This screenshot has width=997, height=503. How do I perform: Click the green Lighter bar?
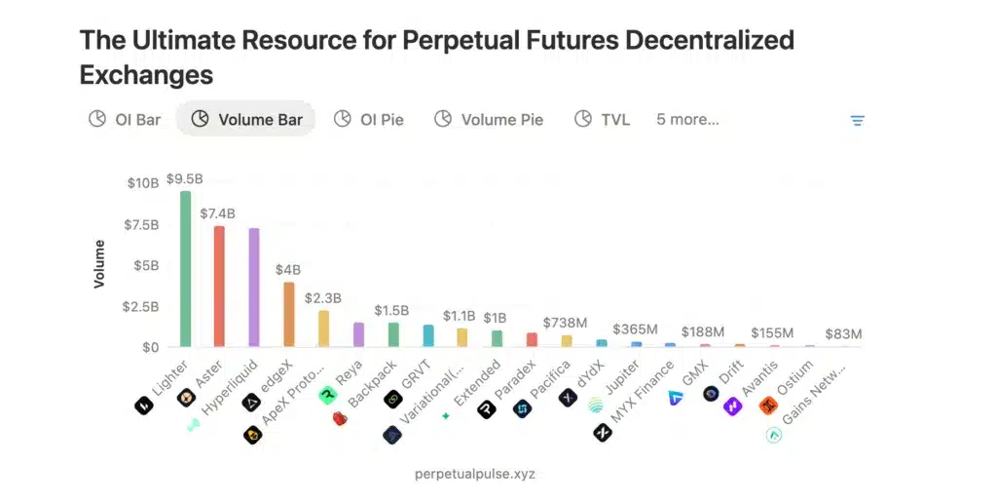pyautogui.click(x=185, y=268)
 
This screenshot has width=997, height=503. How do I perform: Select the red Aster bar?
pyautogui.click(x=219, y=286)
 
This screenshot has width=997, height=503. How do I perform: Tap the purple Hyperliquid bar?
pyautogui.click(x=254, y=288)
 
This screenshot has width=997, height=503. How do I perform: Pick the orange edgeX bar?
pyautogui.click(x=288, y=314)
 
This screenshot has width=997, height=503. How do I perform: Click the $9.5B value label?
pyautogui.click(x=185, y=179)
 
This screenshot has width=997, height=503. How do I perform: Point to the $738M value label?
pyautogui.click(x=566, y=323)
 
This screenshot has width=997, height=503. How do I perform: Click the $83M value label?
pyautogui.click(x=843, y=334)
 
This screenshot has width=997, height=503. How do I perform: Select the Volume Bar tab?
pyautogui.click(x=246, y=120)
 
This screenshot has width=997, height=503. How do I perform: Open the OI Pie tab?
pyautogui.click(x=369, y=120)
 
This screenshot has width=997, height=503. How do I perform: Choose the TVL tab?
pyautogui.click(x=602, y=120)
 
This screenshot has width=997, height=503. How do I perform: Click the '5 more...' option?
pyautogui.click(x=687, y=120)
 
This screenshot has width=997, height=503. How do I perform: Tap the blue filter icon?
pyautogui.click(x=858, y=121)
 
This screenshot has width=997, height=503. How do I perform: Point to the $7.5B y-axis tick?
pyautogui.click(x=142, y=225)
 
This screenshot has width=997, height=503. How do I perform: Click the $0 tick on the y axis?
pyautogui.click(x=150, y=347)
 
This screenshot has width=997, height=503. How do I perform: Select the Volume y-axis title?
pyautogui.click(x=99, y=264)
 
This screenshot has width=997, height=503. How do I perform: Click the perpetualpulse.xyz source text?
pyautogui.click(x=474, y=474)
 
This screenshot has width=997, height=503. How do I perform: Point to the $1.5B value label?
pyautogui.click(x=392, y=311)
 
